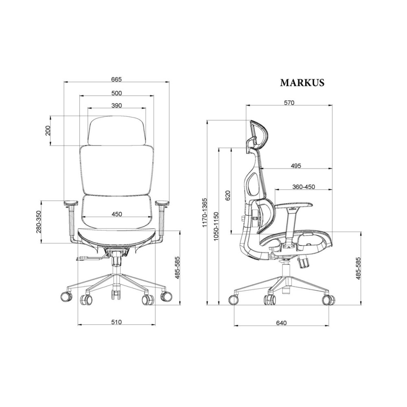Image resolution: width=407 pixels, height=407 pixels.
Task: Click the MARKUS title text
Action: [302, 83]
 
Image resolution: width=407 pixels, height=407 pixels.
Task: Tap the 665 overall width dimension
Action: [116, 79]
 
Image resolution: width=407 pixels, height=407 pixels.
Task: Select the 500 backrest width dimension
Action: [116, 93]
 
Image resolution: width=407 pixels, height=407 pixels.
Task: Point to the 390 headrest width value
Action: [116, 105]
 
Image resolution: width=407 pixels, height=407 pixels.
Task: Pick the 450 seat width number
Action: [116, 214]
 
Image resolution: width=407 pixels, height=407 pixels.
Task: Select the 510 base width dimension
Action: [116, 322]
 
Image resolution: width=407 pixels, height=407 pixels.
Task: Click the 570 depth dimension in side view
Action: [289, 103]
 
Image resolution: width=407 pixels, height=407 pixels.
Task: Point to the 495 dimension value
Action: [296, 166]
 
